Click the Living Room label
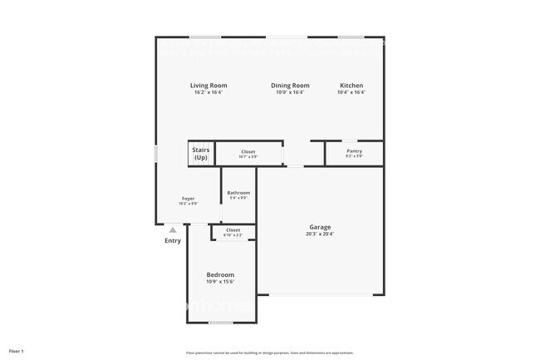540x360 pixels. click(x=209, y=86)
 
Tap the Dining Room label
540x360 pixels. click(x=290, y=86)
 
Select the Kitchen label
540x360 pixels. click(x=351, y=86)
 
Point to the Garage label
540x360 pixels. click(x=320, y=227)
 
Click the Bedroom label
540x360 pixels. click(x=220, y=275)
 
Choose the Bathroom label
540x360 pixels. click(x=238, y=193)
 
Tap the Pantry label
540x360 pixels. click(x=354, y=151)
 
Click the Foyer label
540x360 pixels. click(x=189, y=199)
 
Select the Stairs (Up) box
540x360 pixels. click(x=201, y=154)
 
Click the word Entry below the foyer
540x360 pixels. click(x=172, y=241)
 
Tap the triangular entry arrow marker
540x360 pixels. click(x=172, y=229)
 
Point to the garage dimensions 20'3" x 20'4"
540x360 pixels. click(x=320, y=234)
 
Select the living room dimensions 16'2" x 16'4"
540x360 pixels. click(x=209, y=92)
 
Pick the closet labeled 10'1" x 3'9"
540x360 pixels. click(x=248, y=154)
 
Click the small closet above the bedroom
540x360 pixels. click(x=233, y=232)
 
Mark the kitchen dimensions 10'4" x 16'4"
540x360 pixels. click(x=351, y=92)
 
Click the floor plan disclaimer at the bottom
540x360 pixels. click(x=269, y=352)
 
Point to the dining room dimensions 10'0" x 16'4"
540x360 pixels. click(x=290, y=92)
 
